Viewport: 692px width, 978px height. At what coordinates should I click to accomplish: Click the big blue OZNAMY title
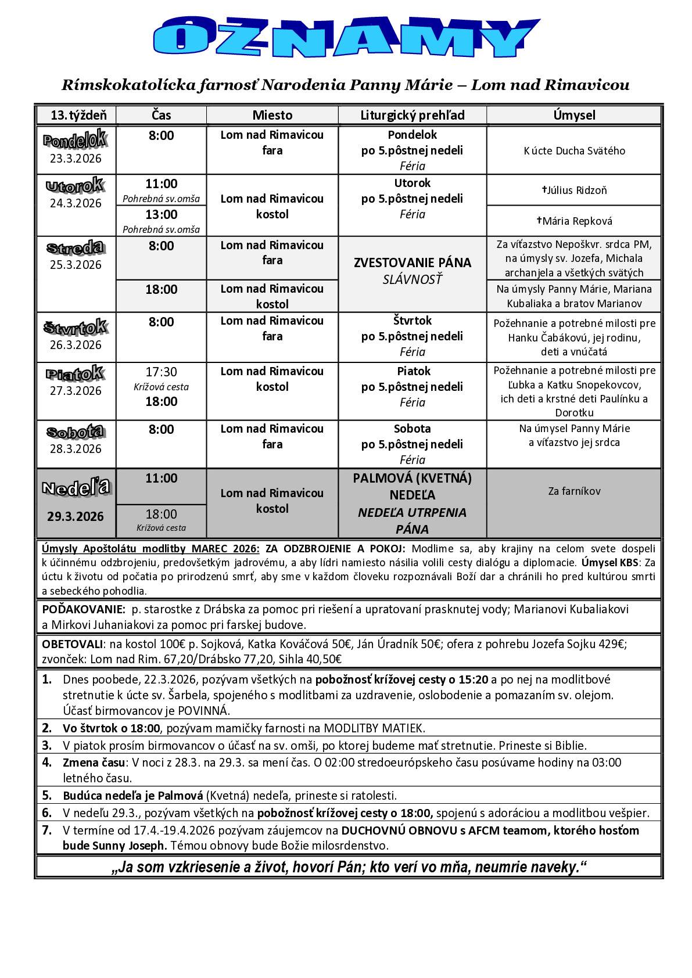click(x=346, y=38)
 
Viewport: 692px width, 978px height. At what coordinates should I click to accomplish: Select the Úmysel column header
click(x=574, y=115)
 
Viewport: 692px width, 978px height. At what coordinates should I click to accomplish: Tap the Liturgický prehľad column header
click(x=412, y=115)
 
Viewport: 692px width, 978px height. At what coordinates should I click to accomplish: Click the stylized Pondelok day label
click(x=75, y=140)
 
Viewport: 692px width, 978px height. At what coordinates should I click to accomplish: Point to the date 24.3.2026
click(x=76, y=203)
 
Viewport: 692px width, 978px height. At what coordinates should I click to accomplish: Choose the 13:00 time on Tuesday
click(x=161, y=215)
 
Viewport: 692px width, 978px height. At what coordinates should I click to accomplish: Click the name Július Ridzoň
click(x=575, y=190)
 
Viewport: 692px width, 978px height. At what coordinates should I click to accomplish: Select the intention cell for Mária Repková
click(x=574, y=221)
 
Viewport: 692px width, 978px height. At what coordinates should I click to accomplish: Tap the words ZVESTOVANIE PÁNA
click(x=413, y=263)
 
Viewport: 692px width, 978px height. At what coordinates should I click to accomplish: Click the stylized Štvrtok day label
click(x=76, y=327)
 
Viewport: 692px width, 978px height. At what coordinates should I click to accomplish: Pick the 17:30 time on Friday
click(x=161, y=372)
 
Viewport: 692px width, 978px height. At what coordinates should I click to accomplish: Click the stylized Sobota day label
click(x=76, y=432)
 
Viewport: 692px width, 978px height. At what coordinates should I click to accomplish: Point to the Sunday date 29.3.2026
click(x=76, y=516)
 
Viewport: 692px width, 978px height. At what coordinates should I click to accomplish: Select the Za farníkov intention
click(x=574, y=491)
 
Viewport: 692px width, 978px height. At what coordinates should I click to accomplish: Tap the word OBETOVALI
click(x=72, y=644)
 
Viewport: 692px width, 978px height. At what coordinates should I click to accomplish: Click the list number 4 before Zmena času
click(x=46, y=762)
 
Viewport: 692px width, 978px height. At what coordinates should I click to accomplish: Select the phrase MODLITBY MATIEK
click(x=375, y=728)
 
